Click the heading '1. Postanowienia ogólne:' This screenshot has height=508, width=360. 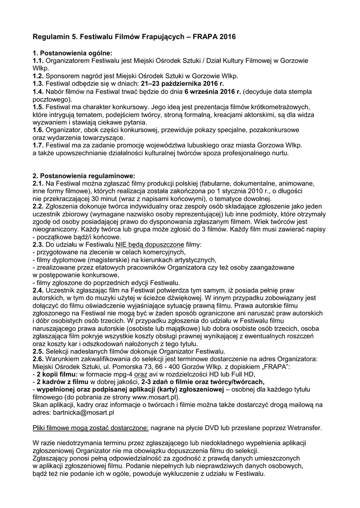tap(72, 53)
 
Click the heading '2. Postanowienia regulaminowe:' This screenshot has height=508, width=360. tap(83, 175)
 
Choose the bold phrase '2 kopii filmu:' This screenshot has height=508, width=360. tap(58, 374)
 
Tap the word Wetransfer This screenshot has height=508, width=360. tap(304, 428)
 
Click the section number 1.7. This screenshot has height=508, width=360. tap(38, 145)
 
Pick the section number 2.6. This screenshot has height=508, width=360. tap(38, 359)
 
